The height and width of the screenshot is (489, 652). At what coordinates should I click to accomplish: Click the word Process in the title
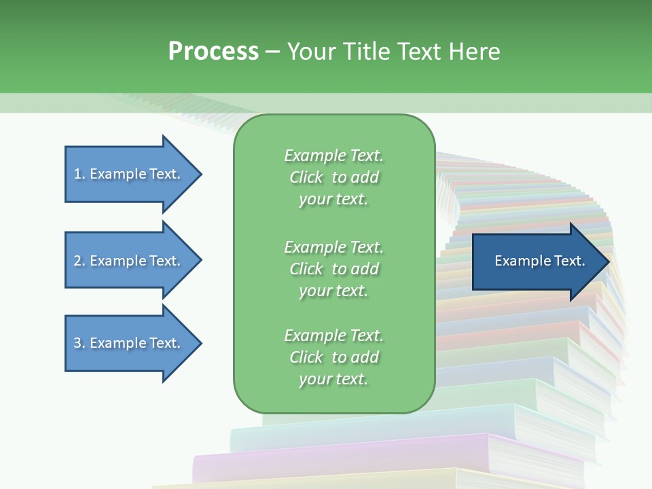click(213, 52)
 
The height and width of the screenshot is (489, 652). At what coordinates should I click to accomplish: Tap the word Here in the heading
click(474, 52)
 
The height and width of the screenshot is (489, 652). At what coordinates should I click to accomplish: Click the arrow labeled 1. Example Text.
click(133, 175)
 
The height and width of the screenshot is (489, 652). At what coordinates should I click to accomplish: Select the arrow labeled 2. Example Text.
click(133, 260)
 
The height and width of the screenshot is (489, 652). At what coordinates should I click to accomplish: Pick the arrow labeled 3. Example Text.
click(133, 344)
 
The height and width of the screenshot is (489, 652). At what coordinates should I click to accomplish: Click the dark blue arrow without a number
click(541, 261)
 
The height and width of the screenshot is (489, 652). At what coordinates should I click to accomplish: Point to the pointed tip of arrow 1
click(202, 175)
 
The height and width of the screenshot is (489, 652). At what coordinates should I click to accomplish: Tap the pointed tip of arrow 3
click(202, 344)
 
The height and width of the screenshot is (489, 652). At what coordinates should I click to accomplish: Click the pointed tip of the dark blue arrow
click(610, 261)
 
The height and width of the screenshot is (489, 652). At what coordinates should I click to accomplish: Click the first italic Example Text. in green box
click(334, 156)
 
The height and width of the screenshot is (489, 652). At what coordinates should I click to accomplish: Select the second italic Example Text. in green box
click(334, 247)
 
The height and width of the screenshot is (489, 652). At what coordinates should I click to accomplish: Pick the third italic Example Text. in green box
click(334, 336)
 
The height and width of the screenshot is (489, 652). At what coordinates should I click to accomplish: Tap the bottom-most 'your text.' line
click(333, 379)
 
